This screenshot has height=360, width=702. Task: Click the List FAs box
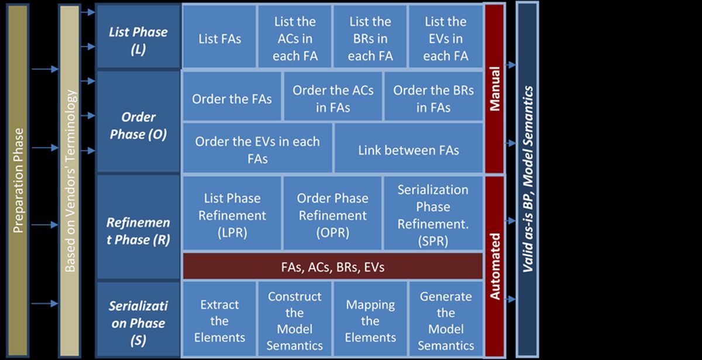point(219,39)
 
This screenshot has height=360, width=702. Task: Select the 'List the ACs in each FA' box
point(295,39)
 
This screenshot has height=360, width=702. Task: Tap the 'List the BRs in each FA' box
point(370,39)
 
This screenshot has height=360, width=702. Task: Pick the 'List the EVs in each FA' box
point(445,39)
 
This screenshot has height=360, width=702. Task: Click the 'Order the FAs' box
point(232,99)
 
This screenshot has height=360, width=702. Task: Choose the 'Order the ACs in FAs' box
point(333,99)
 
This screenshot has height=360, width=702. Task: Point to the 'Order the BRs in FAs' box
point(433,99)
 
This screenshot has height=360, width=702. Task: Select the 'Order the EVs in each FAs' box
point(257,150)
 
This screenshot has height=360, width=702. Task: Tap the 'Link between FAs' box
point(408,150)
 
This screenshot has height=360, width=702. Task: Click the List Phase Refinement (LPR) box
point(232,215)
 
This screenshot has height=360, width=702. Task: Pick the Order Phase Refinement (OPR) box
point(333,215)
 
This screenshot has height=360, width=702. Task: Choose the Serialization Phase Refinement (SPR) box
point(433,215)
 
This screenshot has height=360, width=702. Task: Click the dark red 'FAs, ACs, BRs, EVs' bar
point(332,268)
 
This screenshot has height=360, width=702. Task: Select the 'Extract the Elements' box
point(219,320)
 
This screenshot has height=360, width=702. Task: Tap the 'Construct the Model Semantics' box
point(295,320)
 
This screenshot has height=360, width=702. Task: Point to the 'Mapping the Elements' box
point(370,320)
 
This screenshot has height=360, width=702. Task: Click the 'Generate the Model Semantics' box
point(445,320)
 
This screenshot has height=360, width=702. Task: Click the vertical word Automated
point(495,266)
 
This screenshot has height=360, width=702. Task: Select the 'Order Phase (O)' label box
point(138,125)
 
